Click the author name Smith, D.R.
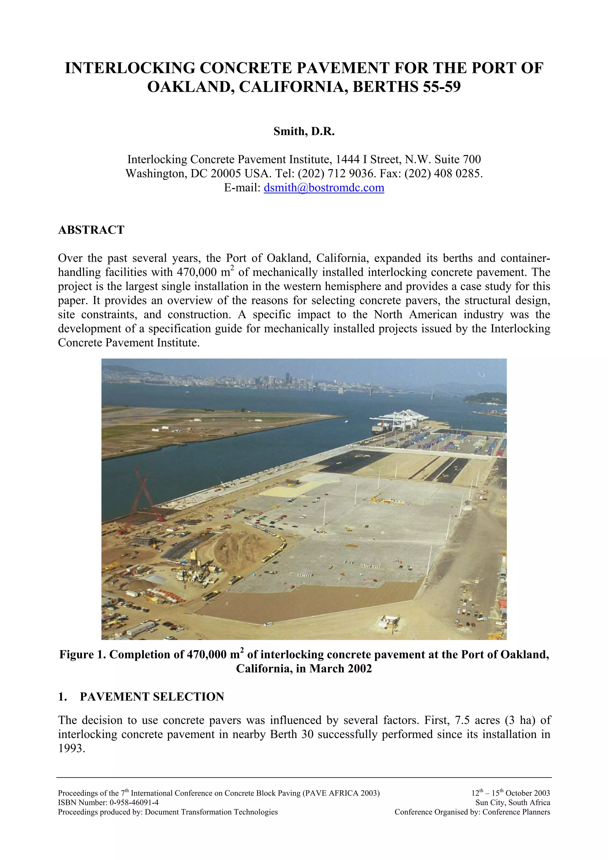304,131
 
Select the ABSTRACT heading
91,230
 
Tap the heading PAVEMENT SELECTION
152,697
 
